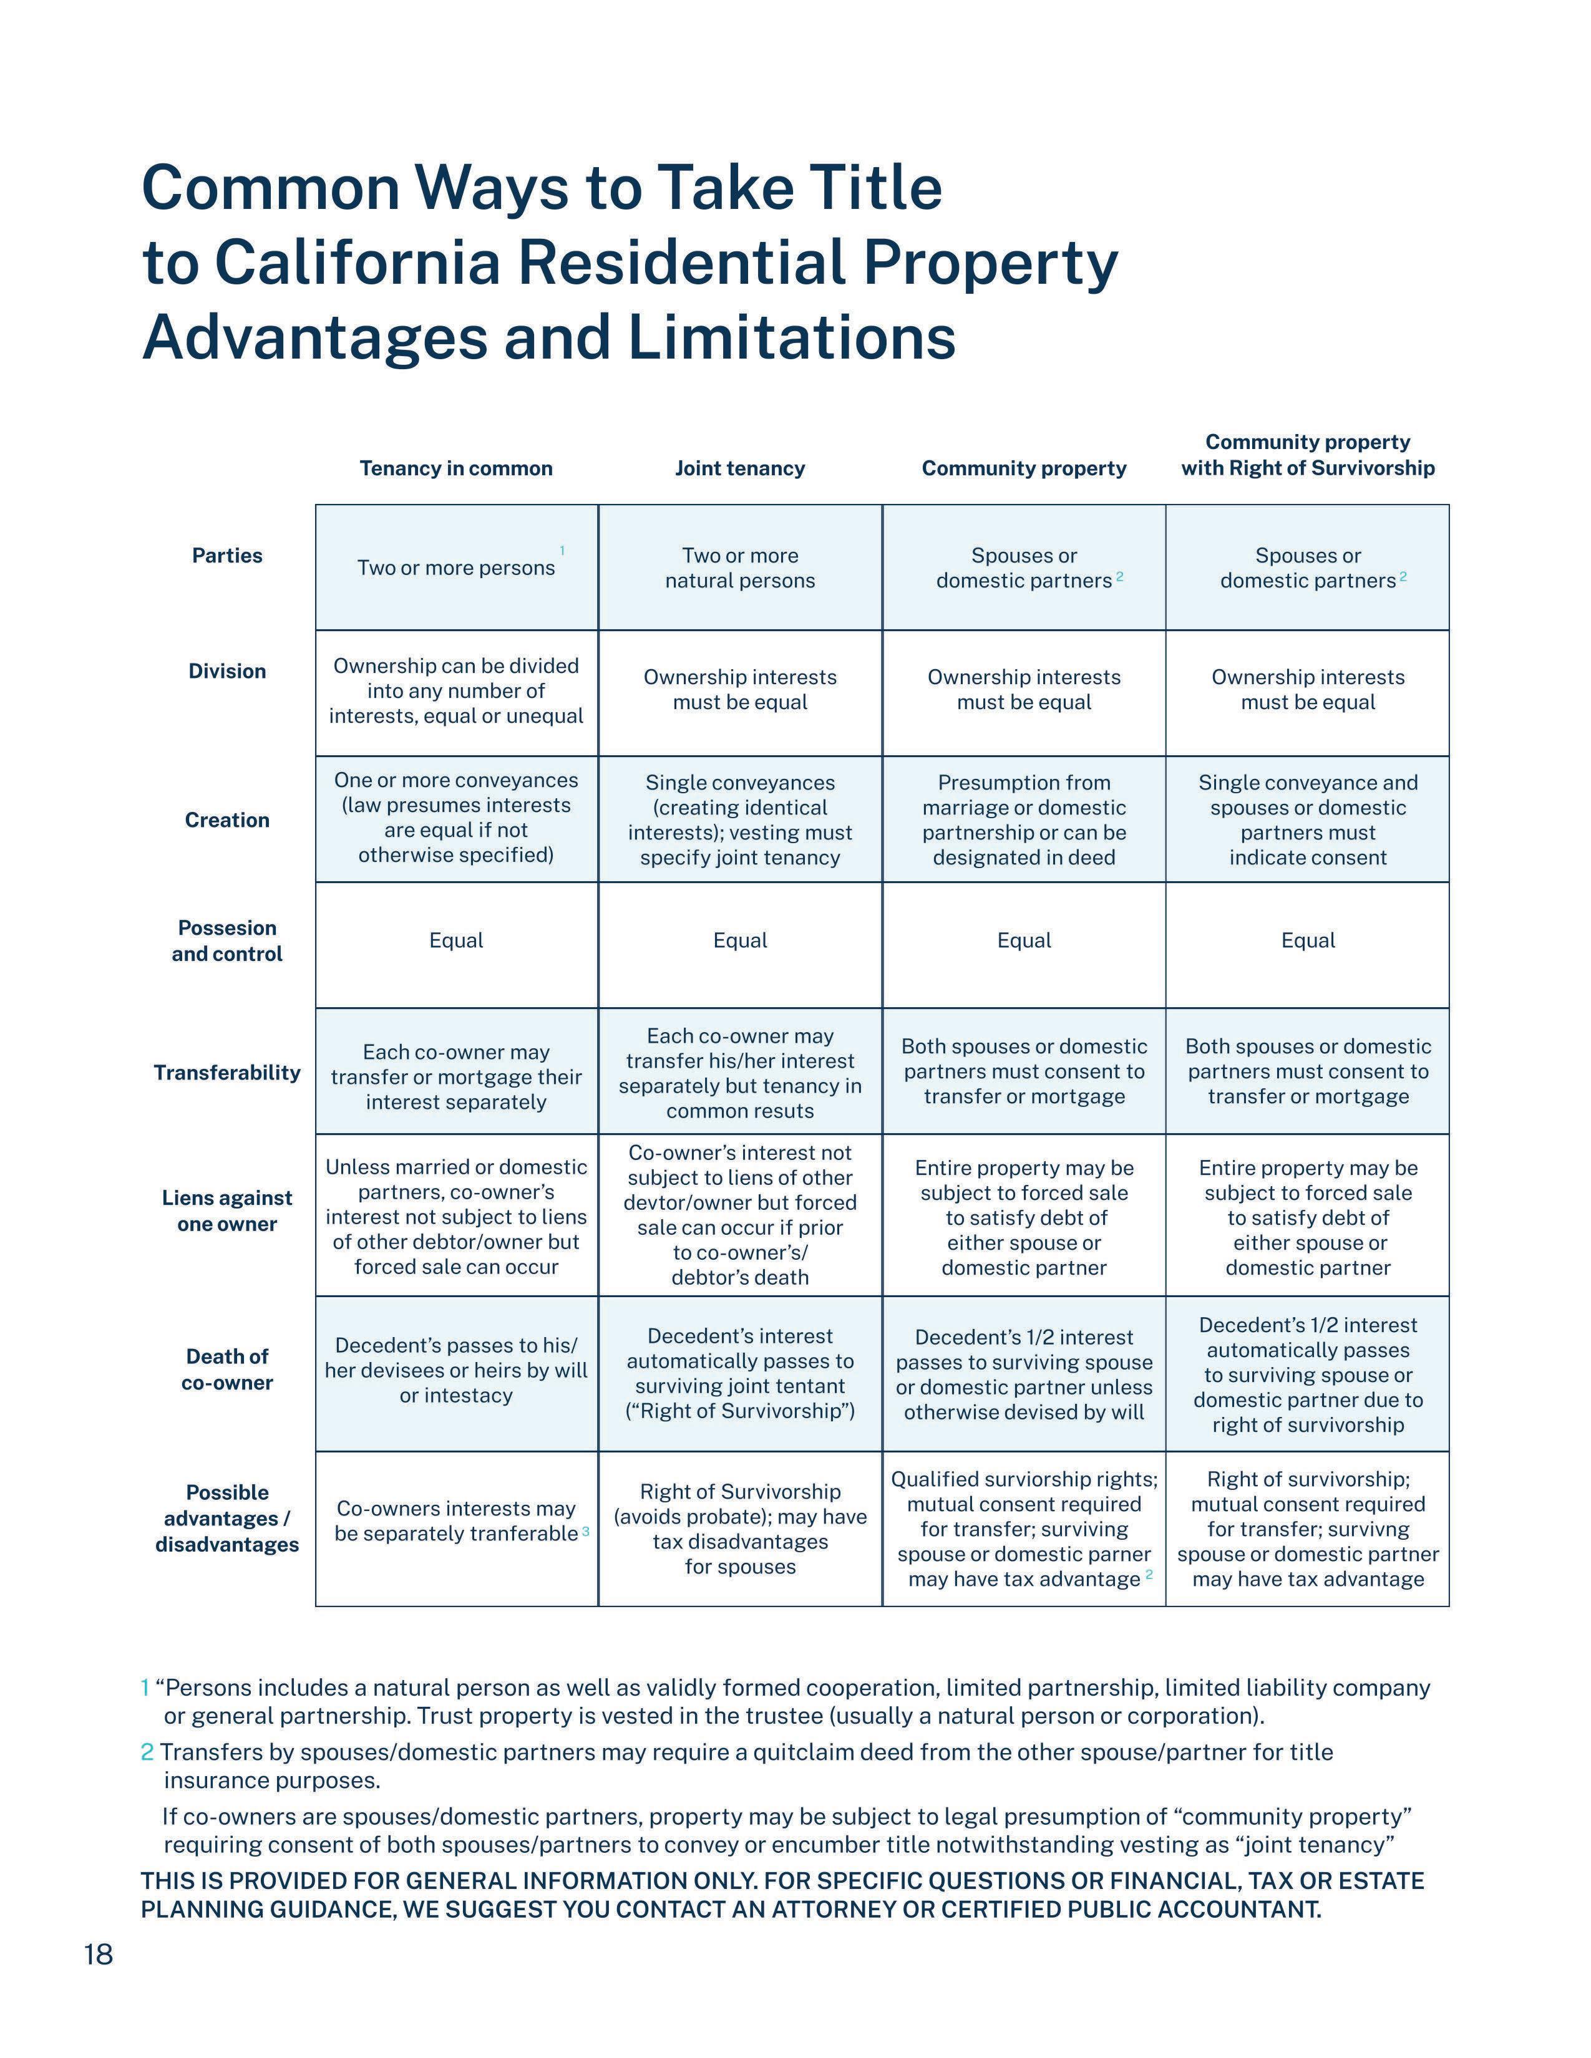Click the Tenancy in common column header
[456, 468]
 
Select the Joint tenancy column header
[740, 468]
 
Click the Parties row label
[227, 555]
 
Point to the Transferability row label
[227, 1073]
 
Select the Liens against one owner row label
[227, 1211]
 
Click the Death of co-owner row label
[227, 1369]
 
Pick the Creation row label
[227, 820]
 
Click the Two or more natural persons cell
[740, 568]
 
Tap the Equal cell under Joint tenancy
[740, 940]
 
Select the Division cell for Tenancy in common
[456, 691]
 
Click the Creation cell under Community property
[1024, 820]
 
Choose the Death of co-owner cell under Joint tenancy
[740, 1373]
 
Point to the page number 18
[98, 1955]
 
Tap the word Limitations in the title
[792, 337]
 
